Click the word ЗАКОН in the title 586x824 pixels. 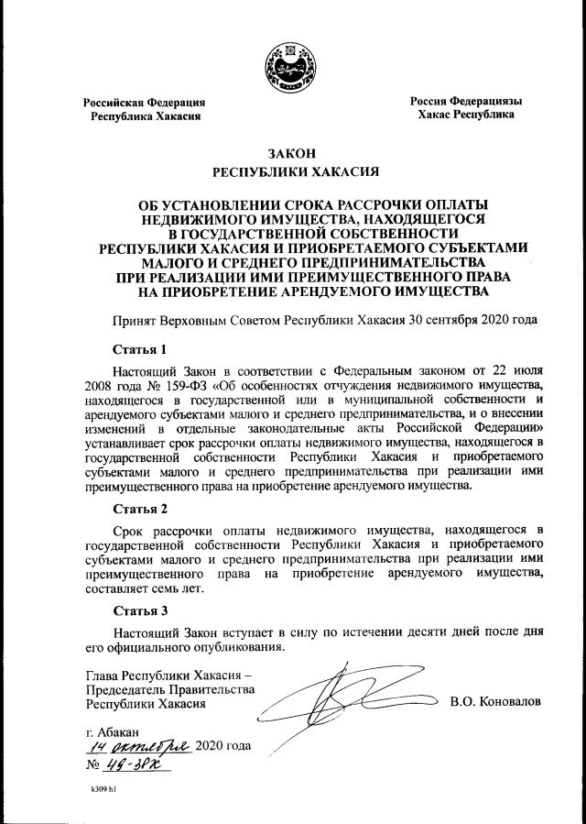tap(293, 153)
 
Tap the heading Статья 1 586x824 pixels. tap(139, 349)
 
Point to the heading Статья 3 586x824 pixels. tap(139, 610)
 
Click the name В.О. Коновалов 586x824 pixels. tap(495, 702)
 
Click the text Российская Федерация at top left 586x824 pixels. tap(144, 102)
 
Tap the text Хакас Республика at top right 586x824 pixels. tap(465, 116)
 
